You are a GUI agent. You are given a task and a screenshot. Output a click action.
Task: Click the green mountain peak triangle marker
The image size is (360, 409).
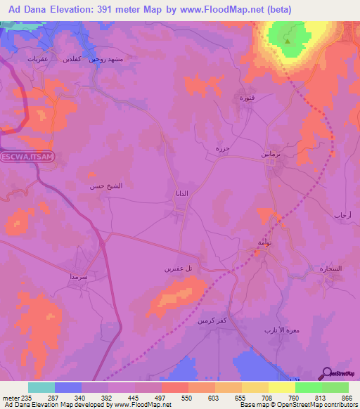point(288,40)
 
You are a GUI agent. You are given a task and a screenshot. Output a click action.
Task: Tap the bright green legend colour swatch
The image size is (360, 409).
point(335,387)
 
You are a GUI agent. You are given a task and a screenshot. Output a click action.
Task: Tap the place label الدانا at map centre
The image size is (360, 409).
point(181,193)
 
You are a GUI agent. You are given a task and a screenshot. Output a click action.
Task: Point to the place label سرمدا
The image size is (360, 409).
point(79,277)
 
